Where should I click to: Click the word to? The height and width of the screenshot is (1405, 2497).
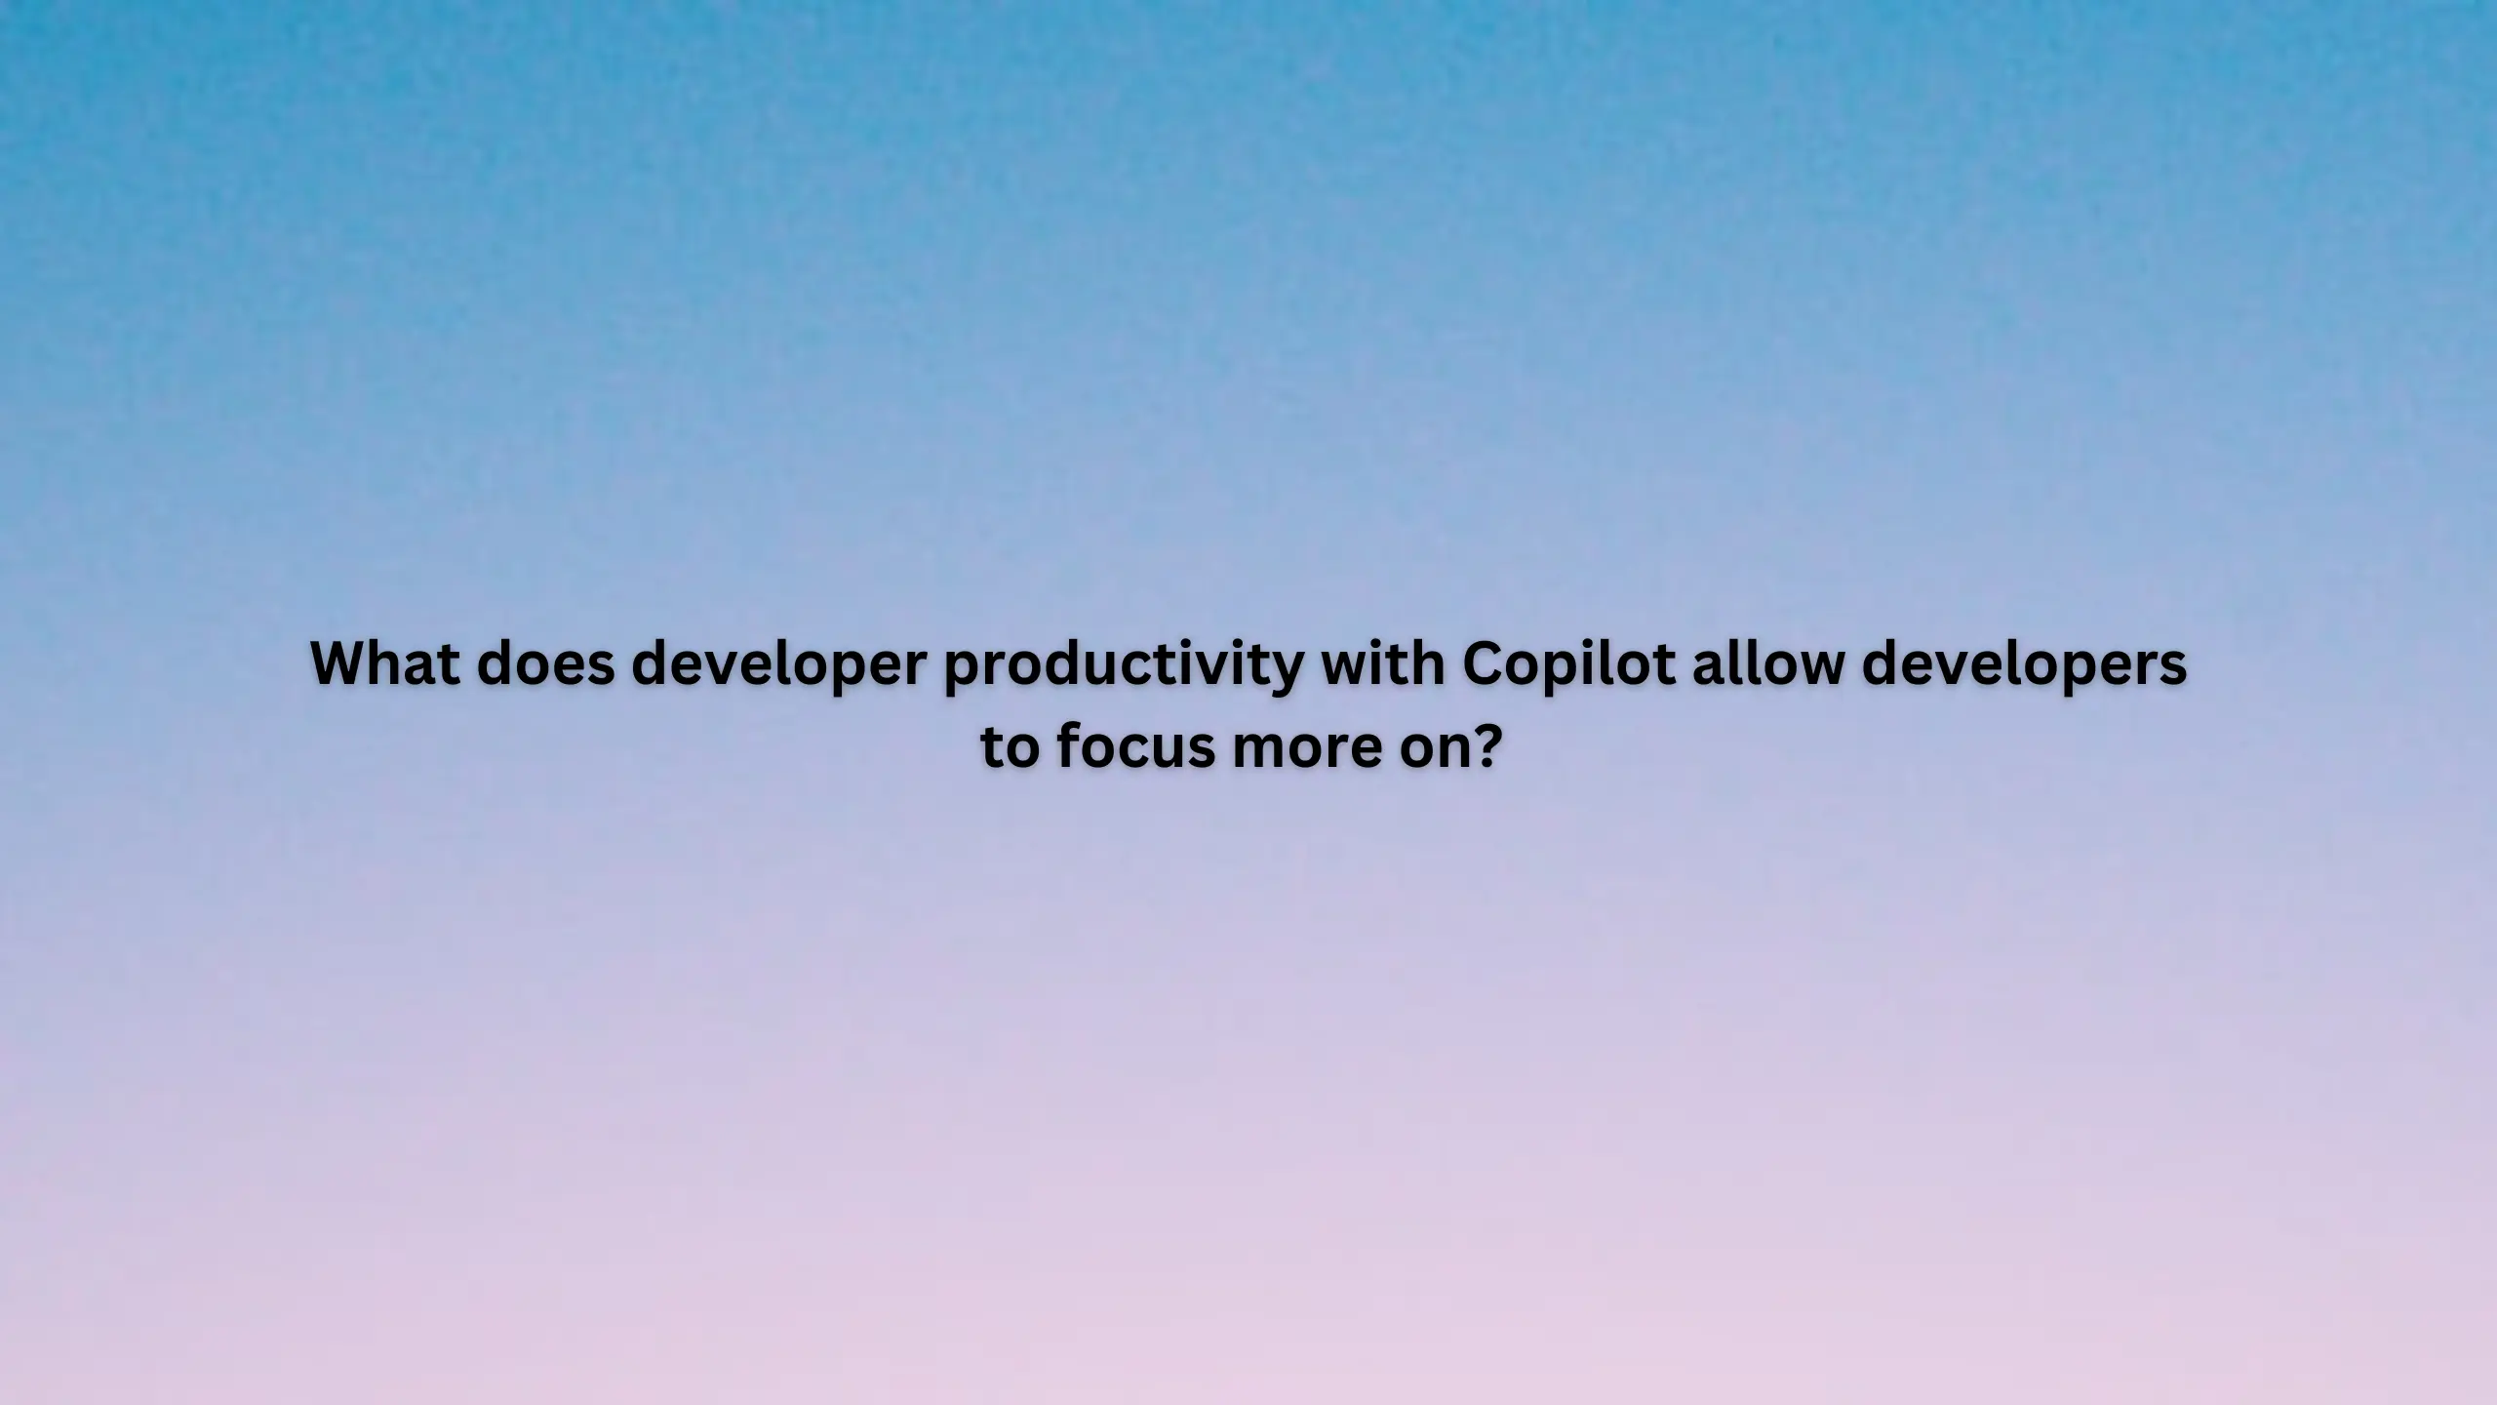(1010, 748)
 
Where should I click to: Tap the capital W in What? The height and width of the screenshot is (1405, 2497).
(343, 664)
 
